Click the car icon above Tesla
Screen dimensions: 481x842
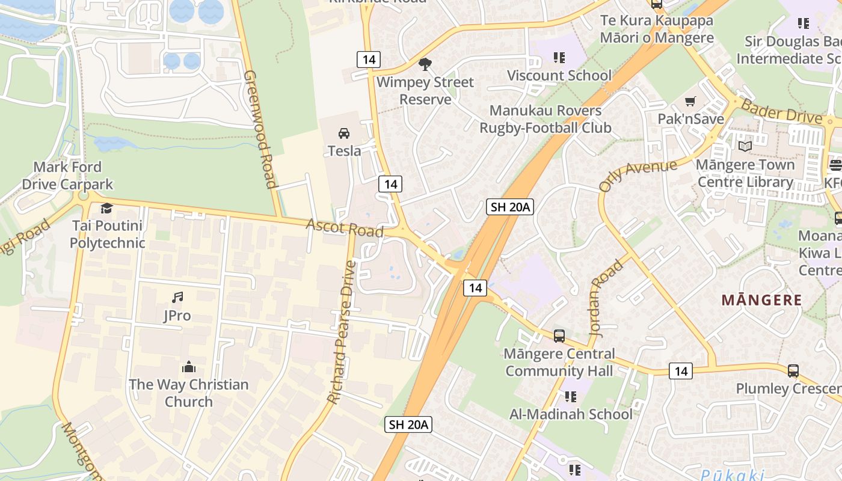click(344, 133)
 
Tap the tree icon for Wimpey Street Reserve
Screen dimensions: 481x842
click(425, 64)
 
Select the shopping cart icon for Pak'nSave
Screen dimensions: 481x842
click(690, 101)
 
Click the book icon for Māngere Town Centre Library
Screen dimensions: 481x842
click(745, 146)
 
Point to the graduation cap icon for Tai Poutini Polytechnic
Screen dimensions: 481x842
click(107, 208)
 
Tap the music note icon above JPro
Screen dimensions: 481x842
click(177, 297)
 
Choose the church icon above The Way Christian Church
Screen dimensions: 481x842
click(189, 367)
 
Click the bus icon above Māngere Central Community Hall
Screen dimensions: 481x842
click(559, 335)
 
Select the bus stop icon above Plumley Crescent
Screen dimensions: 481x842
click(793, 370)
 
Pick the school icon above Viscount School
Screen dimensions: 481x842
click(559, 58)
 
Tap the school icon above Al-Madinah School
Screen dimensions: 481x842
click(571, 396)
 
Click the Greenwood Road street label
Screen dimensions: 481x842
click(260, 129)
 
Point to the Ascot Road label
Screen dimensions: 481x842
click(345, 228)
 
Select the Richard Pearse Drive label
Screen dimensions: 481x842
click(342, 332)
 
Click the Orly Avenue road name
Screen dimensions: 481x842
click(638, 174)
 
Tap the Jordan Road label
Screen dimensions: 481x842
click(606, 298)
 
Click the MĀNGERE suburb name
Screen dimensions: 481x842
click(761, 300)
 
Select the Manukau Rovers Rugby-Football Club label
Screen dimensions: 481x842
click(545, 119)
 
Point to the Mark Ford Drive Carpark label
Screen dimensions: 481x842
click(67, 176)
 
